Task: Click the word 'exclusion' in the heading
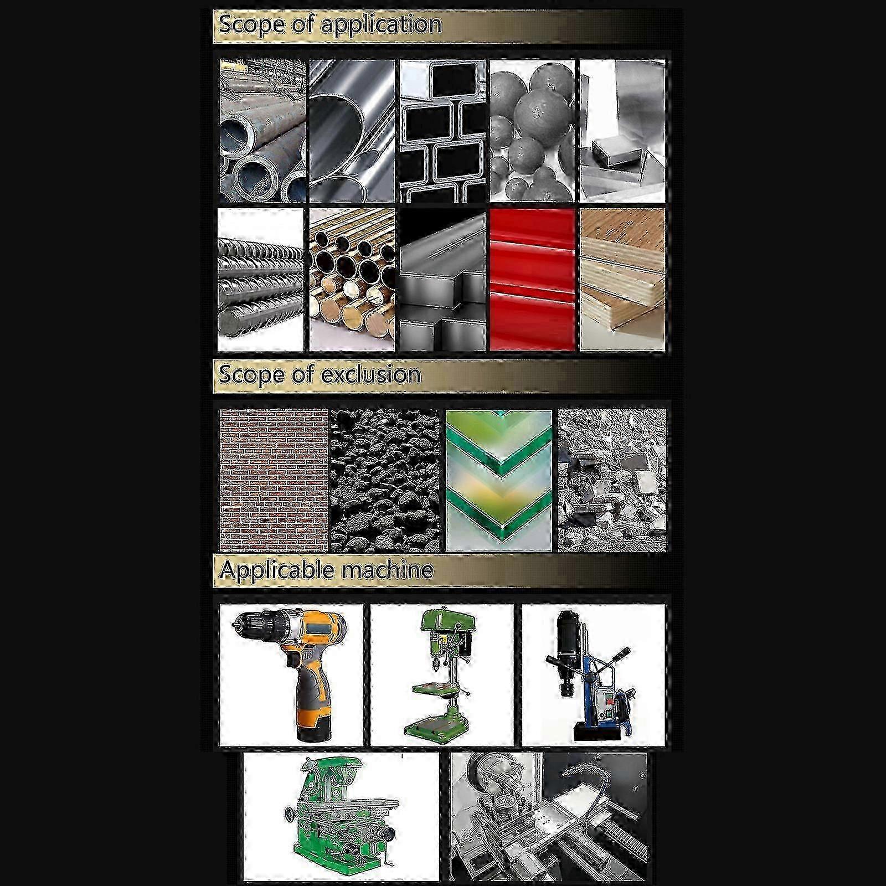[x=370, y=375]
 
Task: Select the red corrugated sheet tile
[x=532, y=280]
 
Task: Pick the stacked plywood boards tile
[x=622, y=280]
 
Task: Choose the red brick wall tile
[x=274, y=480]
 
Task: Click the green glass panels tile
[x=499, y=480]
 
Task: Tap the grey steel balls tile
[x=532, y=131]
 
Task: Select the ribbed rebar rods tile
[x=261, y=280]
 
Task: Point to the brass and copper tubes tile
[x=352, y=280]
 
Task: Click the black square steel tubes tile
[x=442, y=131]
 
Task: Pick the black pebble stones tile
[x=384, y=480]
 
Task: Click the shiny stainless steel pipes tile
[x=352, y=131]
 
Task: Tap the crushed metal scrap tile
[x=612, y=480]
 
